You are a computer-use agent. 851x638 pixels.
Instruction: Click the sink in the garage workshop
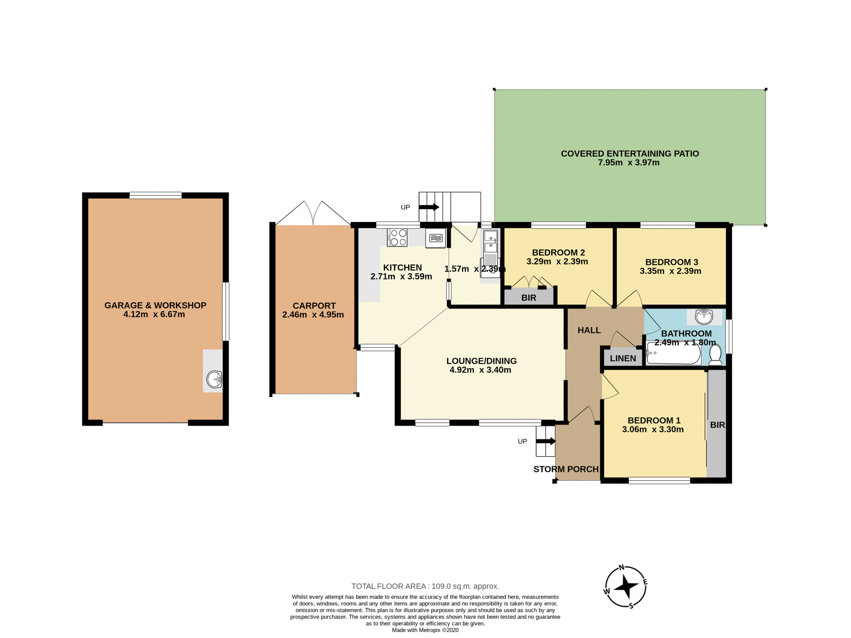point(215,379)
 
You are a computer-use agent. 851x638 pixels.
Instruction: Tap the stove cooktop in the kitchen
point(397,237)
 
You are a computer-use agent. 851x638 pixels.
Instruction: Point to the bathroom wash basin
point(704,317)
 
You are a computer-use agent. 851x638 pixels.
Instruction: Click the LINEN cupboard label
point(623,358)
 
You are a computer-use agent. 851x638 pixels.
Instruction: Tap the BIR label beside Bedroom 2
point(529,298)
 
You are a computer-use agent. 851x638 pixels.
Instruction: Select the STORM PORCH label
point(566,469)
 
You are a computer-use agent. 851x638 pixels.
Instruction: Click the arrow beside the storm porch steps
point(546,441)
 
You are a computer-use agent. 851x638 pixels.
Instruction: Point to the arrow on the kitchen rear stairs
point(429,207)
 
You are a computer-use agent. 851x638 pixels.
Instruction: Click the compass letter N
point(621,568)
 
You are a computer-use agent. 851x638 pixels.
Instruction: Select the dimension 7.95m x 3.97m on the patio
point(628,163)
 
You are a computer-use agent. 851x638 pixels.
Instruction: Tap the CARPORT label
point(314,306)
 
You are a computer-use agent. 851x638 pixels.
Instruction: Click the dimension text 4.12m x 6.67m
point(154,315)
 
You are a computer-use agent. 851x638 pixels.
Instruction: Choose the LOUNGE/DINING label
point(481,361)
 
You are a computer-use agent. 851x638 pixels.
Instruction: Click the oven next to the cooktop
point(436,238)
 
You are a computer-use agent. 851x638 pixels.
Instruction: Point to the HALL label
point(589,330)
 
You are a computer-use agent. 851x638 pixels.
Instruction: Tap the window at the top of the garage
point(156,195)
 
